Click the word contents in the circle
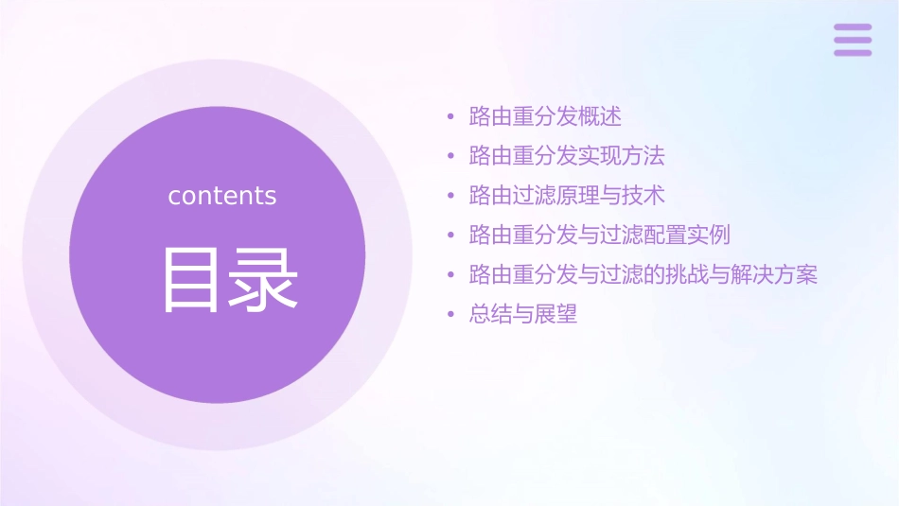[x=222, y=196]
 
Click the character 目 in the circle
[x=195, y=279]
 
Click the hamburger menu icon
[x=852, y=40]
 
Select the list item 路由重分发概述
[x=545, y=117]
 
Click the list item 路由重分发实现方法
[x=567, y=156]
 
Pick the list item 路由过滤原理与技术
[x=567, y=195]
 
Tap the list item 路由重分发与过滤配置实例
[x=599, y=235]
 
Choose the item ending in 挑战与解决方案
[x=643, y=274]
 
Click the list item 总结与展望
[x=523, y=314]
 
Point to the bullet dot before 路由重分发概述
[x=450, y=118]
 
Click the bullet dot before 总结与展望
[x=450, y=315]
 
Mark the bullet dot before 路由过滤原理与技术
[x=450, y=196]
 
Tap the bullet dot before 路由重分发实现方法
[x=450, y=157]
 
